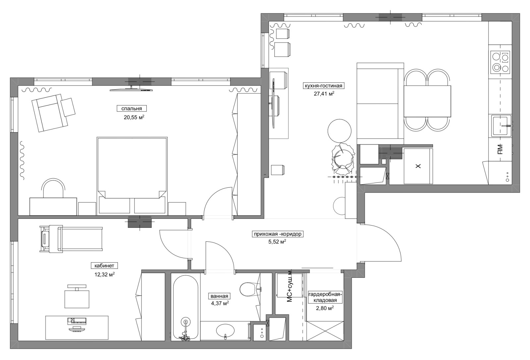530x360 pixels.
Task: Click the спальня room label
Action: point(132,108)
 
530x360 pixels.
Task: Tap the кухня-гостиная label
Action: point(323,86)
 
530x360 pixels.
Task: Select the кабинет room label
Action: point(104,266)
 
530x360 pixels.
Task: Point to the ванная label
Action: point(219,296)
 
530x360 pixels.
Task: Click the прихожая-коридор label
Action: point(278,234)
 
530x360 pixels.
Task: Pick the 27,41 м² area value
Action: point(324,93)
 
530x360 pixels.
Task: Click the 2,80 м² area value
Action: point(325,308)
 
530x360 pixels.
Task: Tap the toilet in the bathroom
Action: point(250,289)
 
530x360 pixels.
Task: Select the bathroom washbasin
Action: point(225,330)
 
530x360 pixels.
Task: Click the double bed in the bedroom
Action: point(132,176)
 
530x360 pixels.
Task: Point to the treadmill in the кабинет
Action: point(71,238)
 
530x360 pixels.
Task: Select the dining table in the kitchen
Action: point(427,101)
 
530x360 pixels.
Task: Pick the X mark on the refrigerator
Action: point(418,166)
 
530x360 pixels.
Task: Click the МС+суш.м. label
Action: point(290,289)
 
